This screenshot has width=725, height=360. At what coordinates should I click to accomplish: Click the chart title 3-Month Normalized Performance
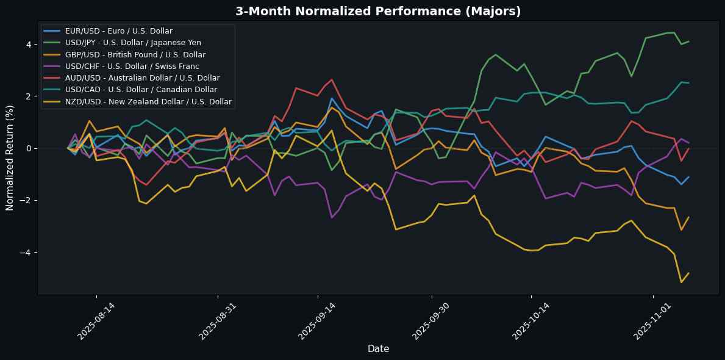(362, 11)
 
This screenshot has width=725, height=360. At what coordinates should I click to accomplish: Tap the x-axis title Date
(378, 348)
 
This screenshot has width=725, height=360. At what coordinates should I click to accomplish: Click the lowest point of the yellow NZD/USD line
(681, 282)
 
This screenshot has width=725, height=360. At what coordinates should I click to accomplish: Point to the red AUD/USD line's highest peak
(331, 79)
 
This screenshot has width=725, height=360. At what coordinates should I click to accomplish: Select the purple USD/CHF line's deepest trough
(332, 218)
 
